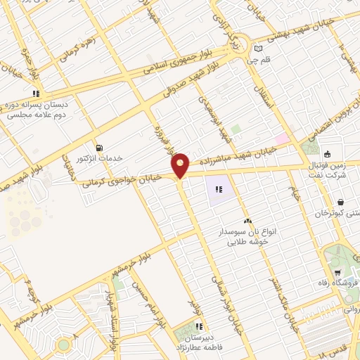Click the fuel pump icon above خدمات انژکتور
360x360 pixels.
98,148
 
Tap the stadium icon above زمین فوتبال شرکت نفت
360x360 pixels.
327,154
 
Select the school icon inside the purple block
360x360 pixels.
219,189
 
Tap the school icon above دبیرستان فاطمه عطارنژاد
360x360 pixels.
199,326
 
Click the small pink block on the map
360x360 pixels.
282,139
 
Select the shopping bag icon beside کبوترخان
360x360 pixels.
340,202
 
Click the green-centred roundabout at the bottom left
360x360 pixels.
63,345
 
